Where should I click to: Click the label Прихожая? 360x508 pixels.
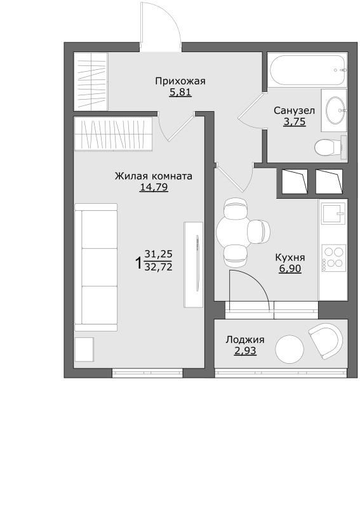point(180,81)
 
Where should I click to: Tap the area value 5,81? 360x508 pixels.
point(180,93)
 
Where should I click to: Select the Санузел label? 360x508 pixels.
point(294,110)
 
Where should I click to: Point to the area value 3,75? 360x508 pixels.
point(294,122)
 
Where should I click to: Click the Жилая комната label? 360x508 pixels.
point(154,177)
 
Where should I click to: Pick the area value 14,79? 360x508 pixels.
point(154,187)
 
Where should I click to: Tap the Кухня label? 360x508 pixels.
point(290,258)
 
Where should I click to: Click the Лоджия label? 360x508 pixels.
point(245,340)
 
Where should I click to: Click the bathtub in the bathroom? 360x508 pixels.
point(307,70)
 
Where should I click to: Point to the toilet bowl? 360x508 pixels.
point(329,148)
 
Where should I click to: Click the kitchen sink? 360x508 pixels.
point(333,213)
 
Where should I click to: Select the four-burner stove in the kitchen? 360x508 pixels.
point(333,258)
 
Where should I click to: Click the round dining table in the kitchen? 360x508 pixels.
point(232,231)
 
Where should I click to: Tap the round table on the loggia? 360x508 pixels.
point(290,349)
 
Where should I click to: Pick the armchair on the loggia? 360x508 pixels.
point(326,341)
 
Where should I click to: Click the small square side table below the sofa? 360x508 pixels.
point(84,350)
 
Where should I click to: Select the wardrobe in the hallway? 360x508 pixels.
point(91,81)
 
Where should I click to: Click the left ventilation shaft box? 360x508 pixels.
point(294,182)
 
